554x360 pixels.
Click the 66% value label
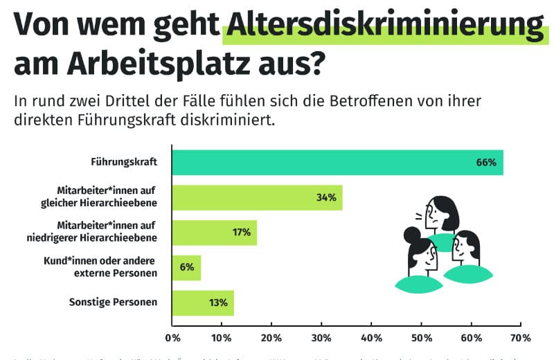click(486, 163)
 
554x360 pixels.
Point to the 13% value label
click(218, 303)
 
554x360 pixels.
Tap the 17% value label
click(241, 232)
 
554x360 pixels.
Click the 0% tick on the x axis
click(172, 339)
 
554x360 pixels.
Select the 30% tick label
click(321, 339)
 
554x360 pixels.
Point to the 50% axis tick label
click(421, 339)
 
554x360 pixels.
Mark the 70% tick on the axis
click(520, 339)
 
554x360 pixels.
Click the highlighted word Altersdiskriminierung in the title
click(385, 27)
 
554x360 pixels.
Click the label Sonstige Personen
click(114, 303)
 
